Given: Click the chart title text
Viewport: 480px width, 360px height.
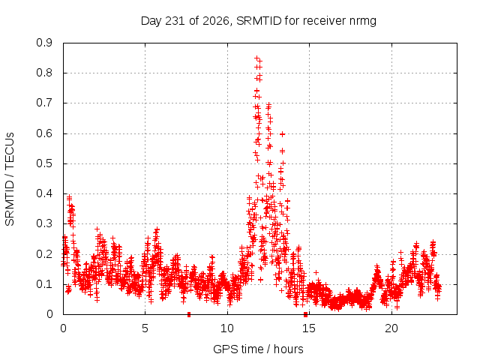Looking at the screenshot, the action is click(258, 21).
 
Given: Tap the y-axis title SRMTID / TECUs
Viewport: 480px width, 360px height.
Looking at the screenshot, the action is click(10, 179).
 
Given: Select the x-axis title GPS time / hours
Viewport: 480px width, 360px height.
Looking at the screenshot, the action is click(258, 349).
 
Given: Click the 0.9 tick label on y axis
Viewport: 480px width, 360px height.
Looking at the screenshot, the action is click(44, 43).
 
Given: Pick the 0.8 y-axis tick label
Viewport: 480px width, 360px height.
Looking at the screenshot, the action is click(44, 73).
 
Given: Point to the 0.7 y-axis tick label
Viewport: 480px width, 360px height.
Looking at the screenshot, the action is click(44, 103).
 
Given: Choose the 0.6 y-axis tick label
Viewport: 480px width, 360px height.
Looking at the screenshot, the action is click(44, 133).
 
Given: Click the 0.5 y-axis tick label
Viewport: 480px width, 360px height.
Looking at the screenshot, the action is click(44, 163).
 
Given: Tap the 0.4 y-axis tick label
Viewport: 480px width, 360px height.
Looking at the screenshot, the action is click(44, 193).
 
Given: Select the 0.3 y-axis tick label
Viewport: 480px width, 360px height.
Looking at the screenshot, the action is click(44, 223).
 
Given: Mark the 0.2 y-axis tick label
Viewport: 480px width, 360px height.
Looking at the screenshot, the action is click(44, 253).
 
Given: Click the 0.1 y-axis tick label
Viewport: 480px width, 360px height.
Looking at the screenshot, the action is click(44, 284).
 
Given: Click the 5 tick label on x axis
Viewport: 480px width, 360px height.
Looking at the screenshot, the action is click(145, 328).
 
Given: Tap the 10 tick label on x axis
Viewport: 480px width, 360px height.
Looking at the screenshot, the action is click(227, 328).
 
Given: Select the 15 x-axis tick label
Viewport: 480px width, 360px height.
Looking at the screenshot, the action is click(309, 328).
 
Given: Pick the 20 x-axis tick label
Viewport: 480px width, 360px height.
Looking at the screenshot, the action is click(391, 328).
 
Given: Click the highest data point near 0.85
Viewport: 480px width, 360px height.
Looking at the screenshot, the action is click(257, 58).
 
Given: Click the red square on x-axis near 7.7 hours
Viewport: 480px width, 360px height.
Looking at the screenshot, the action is click(189, 314).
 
